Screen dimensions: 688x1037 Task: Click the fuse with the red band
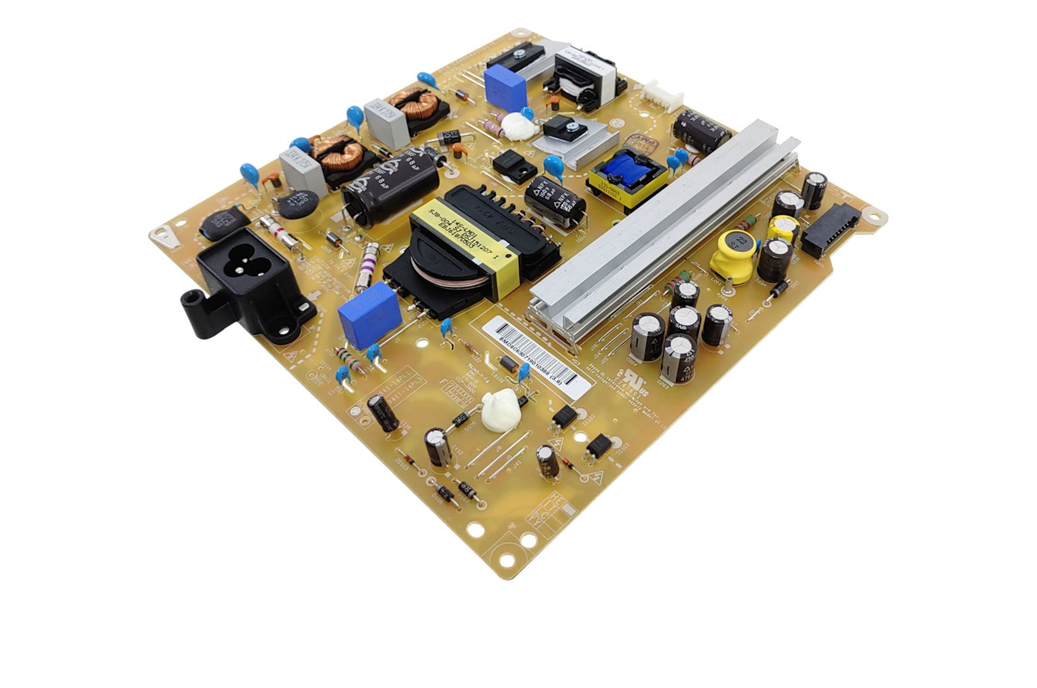point(279,230)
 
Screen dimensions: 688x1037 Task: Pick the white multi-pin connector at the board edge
point(662,97)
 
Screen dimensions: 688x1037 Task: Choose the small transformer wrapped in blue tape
point(627,177)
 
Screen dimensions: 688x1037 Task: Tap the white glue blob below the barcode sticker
point(500,409)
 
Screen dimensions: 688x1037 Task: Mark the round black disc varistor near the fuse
point(299,203)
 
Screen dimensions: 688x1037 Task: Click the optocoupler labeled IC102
point(564,417)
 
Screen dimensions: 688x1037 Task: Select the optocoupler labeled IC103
point(599,446)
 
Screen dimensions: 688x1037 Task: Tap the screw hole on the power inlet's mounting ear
point(190,299)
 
